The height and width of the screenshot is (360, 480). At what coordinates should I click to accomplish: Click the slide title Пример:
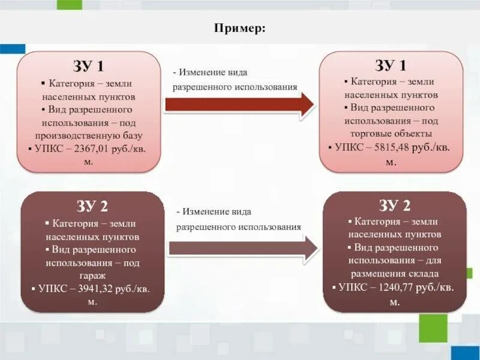pos(239,28)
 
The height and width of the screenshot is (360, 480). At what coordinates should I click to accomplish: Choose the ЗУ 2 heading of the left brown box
pos(92,206)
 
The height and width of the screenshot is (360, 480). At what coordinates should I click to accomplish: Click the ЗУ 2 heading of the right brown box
pos(394,205)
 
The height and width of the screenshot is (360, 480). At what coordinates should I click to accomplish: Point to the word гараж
pos(91,275)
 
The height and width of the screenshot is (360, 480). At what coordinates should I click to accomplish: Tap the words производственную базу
pos(89,136)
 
